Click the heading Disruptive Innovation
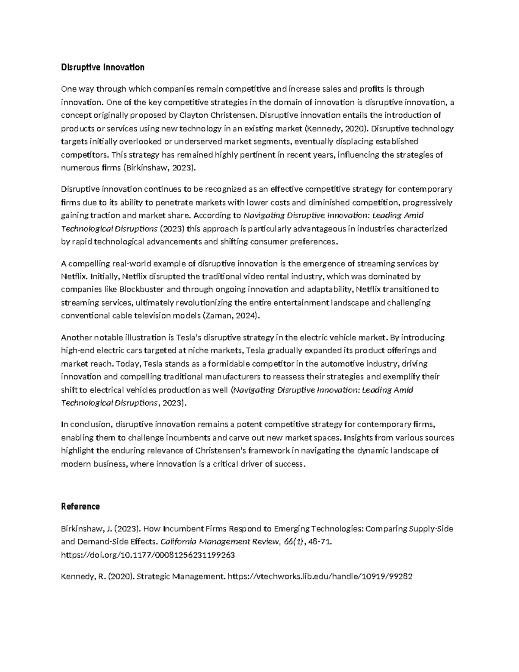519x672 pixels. [x=103, y=68]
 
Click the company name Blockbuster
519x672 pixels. [x=142, y=289]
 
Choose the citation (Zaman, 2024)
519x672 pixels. [x=232, y=316]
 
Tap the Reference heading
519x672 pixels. [x=80, y=507]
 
